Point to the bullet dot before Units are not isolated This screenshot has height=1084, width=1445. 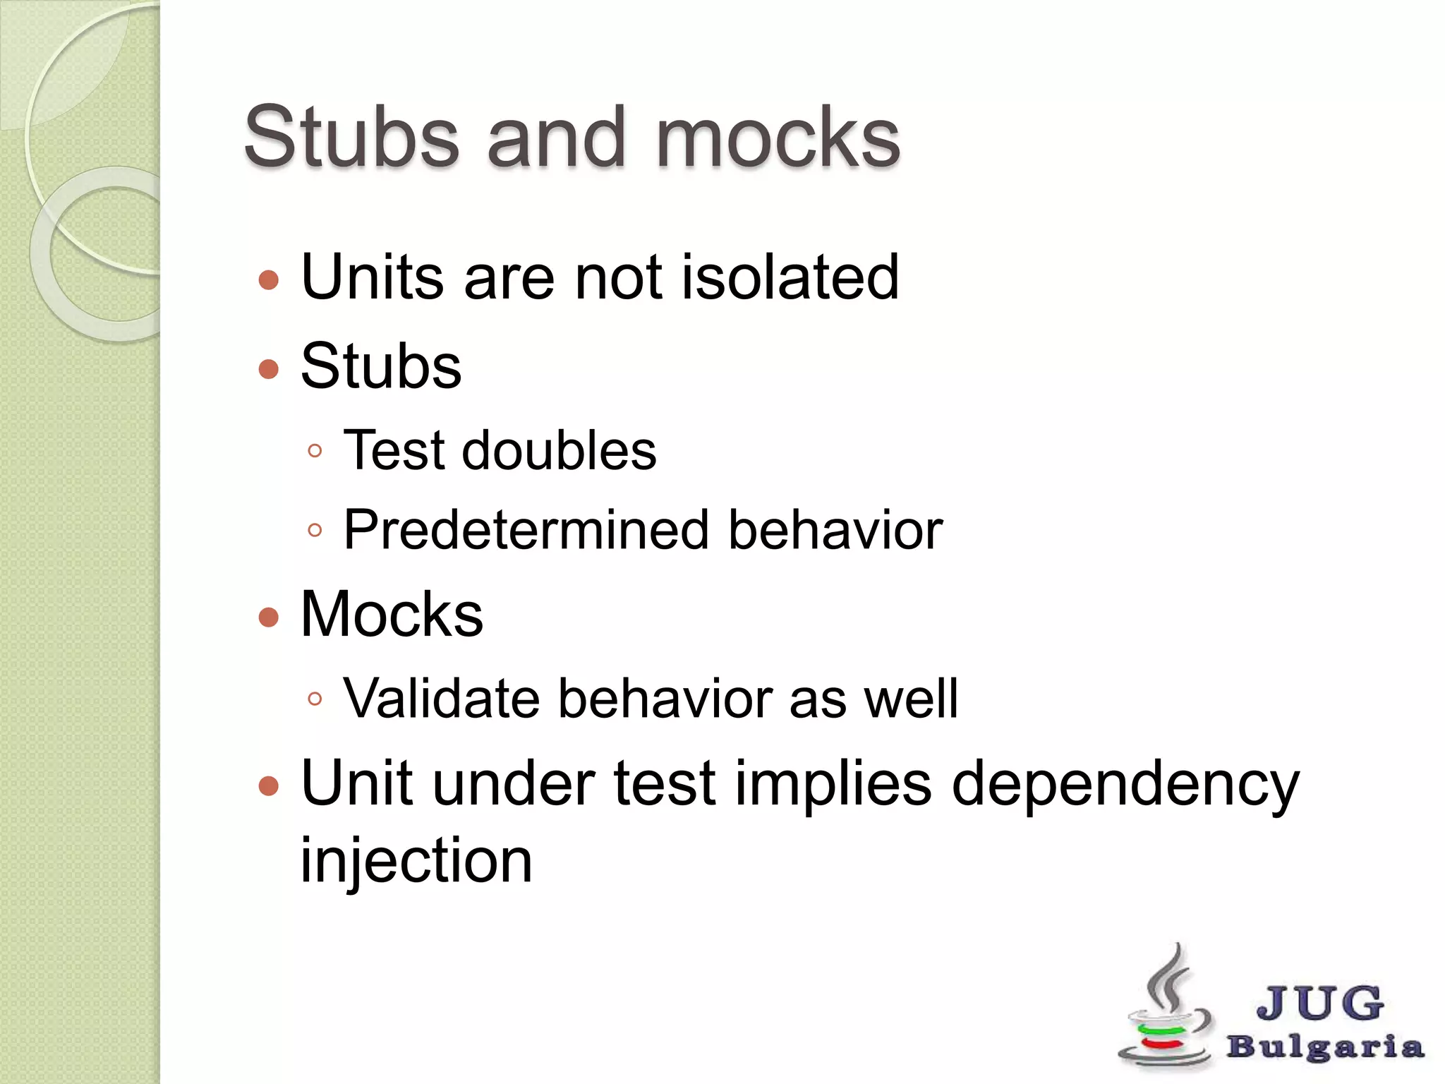click(x=269, y=281)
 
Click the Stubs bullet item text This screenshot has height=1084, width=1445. click(x=381, y=366)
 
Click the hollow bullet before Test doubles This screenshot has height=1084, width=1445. click(x=315, y=451)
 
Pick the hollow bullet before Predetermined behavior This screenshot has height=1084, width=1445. click(x=315, y=530)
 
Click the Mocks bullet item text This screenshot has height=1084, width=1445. click(x=392, y=614)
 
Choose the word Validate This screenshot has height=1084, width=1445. click(x=441, y=699)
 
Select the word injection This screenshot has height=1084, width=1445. click(x=416, y=861)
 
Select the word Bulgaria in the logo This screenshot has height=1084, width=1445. click(x=1324, y=1047)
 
